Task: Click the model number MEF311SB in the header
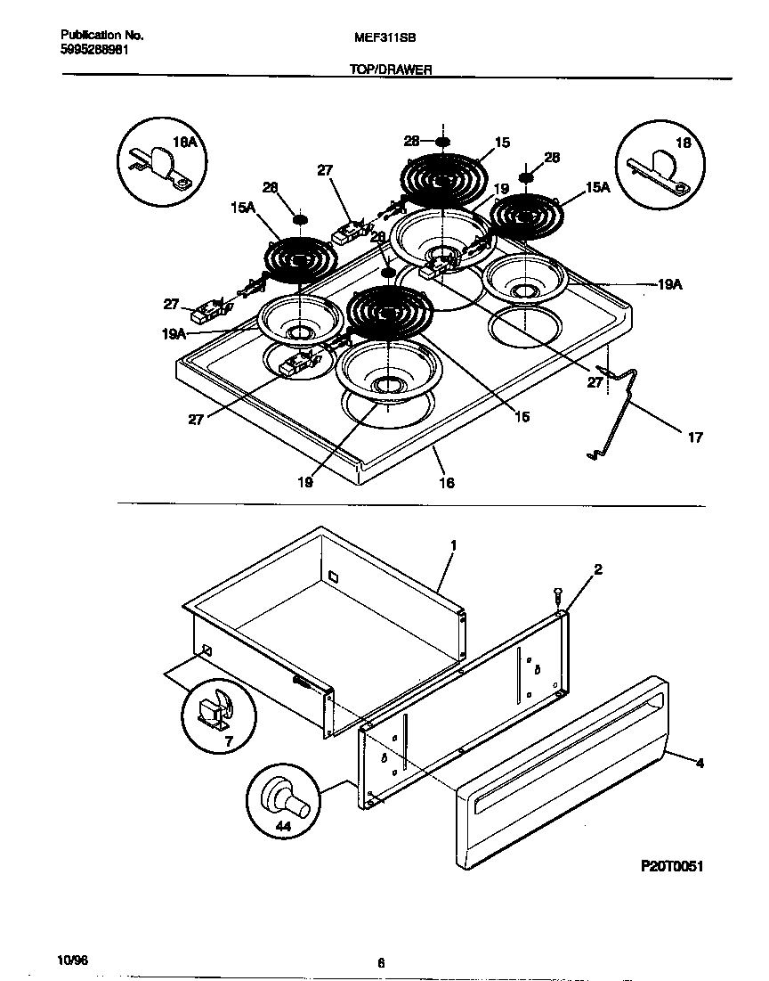coord(384,37)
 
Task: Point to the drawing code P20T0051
coord(672,866)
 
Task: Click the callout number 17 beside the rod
coord(695,437)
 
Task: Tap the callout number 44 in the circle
coord(283,827)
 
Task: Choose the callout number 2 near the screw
coord(597,569)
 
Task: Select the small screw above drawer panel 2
coord(557,592)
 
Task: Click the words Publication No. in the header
coord(102,36)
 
